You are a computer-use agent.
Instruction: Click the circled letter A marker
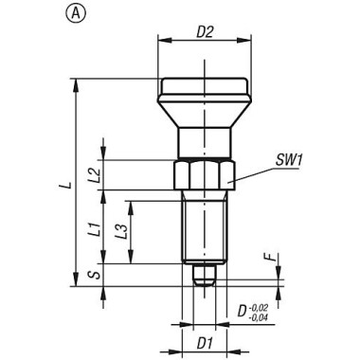76,13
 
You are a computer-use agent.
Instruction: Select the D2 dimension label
206,32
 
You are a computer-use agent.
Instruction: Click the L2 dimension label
94,174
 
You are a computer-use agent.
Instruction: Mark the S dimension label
95,275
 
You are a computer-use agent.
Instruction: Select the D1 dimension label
205,344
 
